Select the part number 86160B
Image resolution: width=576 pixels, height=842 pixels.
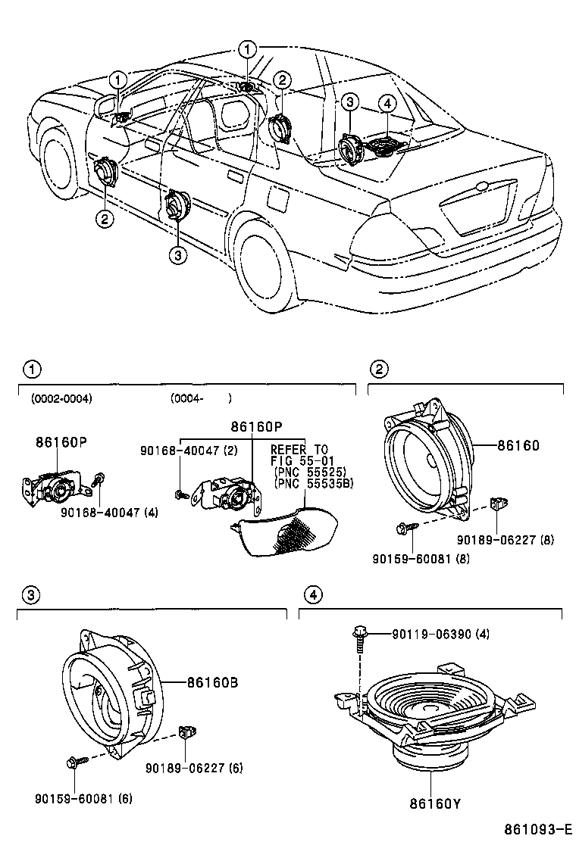(x=213, y=682)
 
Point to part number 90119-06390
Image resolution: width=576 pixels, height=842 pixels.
(x=429, y=634)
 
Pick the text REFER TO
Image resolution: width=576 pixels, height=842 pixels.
(x=299, y=449)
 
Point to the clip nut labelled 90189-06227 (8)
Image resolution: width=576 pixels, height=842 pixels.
(x=499, y=503)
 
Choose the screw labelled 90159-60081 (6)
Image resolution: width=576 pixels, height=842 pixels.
(x=74, y=760)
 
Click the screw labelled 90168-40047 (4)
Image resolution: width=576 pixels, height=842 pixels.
(x=98, y=480)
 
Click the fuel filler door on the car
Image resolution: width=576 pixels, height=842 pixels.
(x=277, y=200)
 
